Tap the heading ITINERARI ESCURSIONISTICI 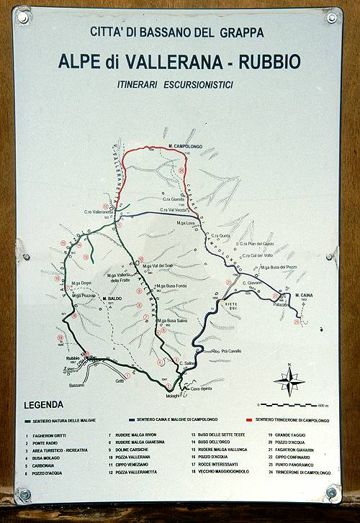click(176, 84)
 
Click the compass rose click(289, 380)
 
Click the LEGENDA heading click(48, 404)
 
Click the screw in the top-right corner click(332, 17)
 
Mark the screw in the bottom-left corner click(24, 494)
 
